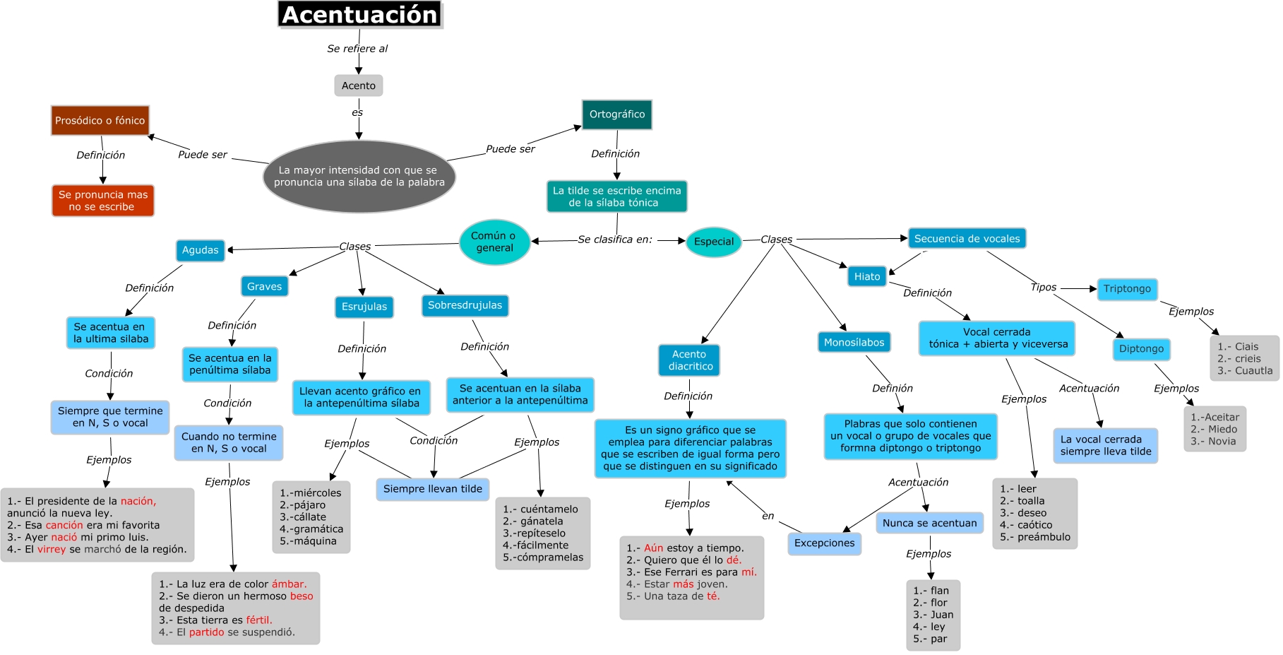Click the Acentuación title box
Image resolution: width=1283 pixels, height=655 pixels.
359,15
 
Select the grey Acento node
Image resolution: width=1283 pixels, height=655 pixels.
359,85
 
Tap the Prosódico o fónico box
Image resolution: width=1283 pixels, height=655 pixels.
100,121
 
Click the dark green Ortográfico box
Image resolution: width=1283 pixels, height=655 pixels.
616,114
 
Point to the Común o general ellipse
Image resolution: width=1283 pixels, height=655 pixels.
494,242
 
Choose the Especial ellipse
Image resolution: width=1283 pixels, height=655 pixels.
713,242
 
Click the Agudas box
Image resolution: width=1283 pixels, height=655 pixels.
201,250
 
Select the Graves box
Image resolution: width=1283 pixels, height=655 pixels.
264,286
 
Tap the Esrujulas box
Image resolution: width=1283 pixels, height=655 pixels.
364,307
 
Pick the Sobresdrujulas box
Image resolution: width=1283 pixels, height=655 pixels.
465,305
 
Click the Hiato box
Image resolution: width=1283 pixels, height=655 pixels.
866,276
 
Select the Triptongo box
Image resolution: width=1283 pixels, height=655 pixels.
1127,289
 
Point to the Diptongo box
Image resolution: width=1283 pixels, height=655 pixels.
1141,349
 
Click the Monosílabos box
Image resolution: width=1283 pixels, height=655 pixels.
854,343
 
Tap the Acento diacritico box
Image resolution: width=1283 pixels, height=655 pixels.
689,360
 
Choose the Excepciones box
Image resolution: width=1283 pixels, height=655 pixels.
824,543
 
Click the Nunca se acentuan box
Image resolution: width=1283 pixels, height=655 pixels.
929,523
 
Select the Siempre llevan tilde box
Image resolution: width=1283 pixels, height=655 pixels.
432,489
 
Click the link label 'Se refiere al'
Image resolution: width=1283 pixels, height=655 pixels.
357,49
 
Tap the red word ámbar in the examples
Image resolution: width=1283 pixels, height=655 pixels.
289,584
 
